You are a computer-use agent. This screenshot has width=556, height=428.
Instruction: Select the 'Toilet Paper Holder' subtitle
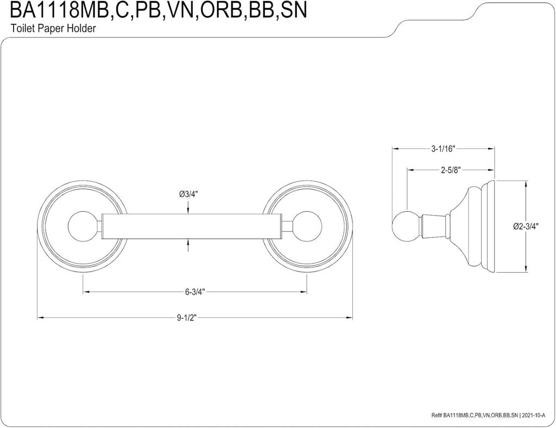[53, 29]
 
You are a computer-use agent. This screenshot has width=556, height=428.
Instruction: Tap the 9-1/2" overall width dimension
[186, 318]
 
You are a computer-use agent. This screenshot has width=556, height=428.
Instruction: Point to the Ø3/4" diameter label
[188, 194]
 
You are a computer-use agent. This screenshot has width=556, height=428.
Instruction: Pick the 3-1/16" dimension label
[443, 148]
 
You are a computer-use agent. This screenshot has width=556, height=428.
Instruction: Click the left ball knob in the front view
[81, 226]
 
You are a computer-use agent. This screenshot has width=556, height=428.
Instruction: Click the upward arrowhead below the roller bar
[188, 243]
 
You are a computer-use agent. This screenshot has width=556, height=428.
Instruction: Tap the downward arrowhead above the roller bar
[188, 210]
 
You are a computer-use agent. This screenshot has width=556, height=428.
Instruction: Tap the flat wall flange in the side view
[490, 226]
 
